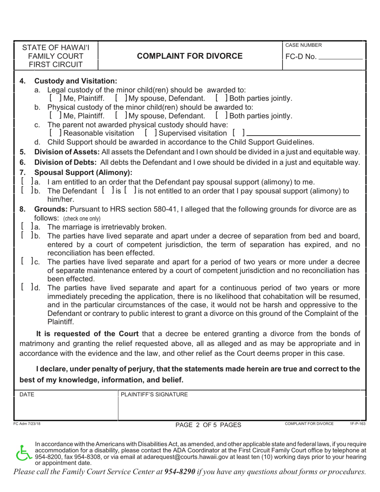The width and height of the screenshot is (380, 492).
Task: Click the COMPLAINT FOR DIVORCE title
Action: (x=190, y=56)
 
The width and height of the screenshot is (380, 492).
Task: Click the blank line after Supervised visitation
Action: (x=304, y=134)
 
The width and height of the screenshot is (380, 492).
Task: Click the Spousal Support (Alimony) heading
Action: (x=83, y=173)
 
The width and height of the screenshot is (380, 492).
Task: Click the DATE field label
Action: (x=27, y=395)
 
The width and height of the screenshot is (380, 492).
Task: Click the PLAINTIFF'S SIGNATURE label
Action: (x=154, y=395)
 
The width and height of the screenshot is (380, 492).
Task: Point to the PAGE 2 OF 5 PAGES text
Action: (x=208, y=425)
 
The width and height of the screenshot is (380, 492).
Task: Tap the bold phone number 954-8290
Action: (x=180, y=472)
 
